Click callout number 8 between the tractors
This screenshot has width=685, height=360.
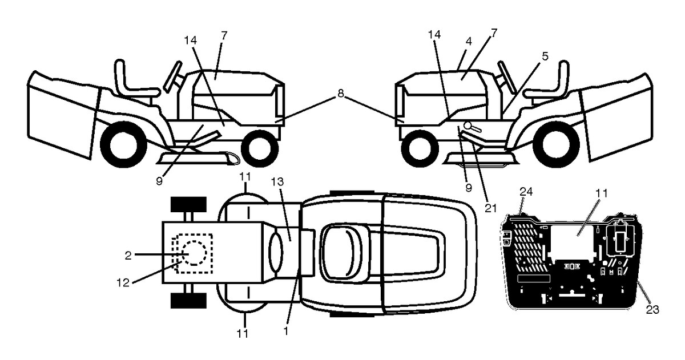340,94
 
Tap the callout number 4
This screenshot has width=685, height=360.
469,41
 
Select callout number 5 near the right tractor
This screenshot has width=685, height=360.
545,56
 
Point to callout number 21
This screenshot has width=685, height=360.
491,208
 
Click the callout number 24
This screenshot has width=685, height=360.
526,192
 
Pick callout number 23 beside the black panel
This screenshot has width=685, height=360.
652,310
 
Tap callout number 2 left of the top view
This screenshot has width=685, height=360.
128,256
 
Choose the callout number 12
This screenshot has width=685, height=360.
123,283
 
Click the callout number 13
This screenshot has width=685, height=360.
277,182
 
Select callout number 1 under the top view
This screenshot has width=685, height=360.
286,331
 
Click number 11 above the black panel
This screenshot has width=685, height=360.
602,193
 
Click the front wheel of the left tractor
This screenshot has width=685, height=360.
260,149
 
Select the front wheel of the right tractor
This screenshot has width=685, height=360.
420,149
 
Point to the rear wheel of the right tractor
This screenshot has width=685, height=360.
556,145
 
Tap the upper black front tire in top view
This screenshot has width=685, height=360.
188,204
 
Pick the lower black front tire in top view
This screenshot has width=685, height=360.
188,301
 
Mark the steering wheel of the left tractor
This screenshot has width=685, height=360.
173,76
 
